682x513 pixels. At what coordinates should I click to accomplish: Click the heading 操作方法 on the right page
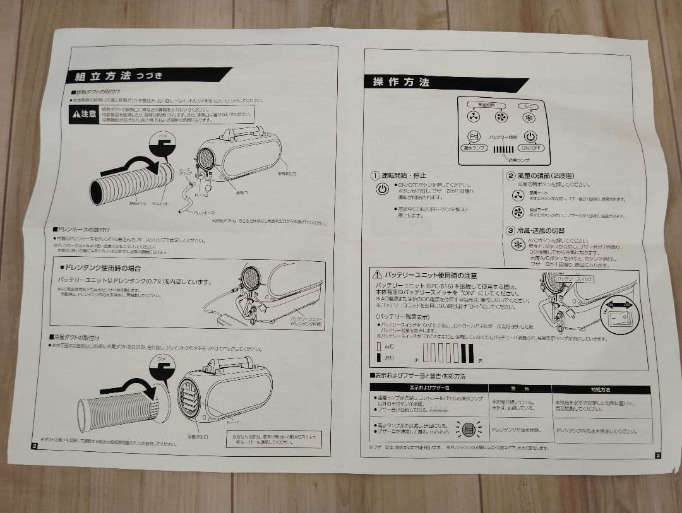(401, 82)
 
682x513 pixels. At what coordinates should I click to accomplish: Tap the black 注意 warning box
(85, 114)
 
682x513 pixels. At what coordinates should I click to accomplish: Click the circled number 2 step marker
(510, 175)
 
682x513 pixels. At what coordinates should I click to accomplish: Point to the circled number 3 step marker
(510, 231)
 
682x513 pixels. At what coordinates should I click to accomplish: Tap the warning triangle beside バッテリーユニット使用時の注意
(377, 276)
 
